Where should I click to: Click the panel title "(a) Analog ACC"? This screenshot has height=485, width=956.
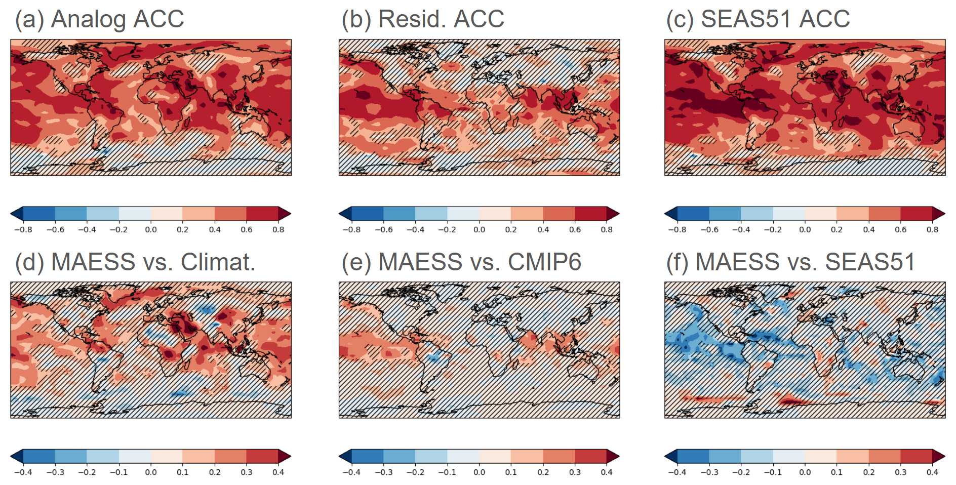point(99,19)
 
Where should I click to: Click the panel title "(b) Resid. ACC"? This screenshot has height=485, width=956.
point(423,19)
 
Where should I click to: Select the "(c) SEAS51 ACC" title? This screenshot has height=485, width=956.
point(758,19)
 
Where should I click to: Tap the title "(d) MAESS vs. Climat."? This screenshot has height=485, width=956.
point(135,262)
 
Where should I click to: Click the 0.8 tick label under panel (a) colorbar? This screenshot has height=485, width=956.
point(278,230)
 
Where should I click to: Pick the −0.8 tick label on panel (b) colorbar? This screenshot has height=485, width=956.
point(351,230)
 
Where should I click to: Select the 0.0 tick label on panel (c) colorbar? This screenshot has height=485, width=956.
point(805,230)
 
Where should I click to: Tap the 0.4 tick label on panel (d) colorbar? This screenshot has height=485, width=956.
point(278,472)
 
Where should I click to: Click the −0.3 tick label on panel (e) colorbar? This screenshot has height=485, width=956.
point(383,472)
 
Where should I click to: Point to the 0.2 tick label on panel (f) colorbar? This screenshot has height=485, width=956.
point(868,472)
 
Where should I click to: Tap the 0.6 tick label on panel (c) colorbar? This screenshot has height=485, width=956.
point(900,230)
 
